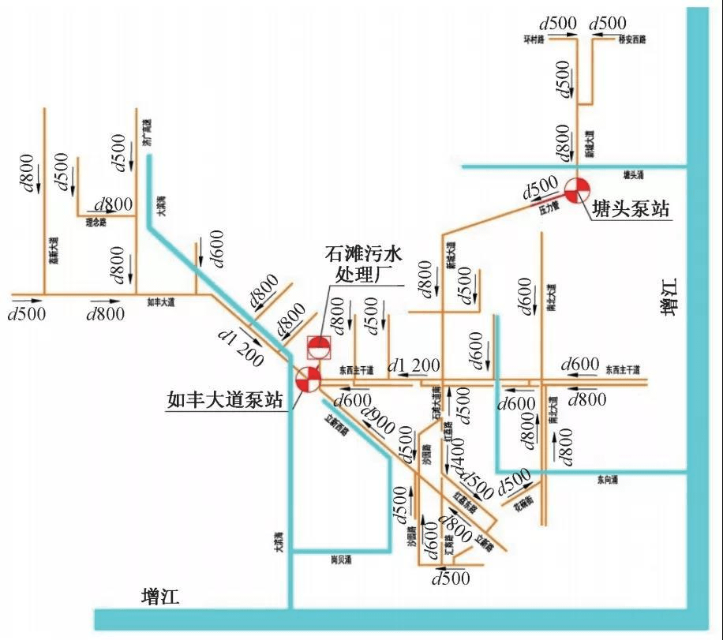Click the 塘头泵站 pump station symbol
pyautogui.click(x=577, y=189)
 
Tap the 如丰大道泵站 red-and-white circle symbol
pyautogui.click(x=308, y=380)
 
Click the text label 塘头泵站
pyautogui.click(x=631, y=209)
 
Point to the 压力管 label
pyautogui.click(x=549, y=210)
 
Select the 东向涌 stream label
pyautogui.click(x=608, y=479)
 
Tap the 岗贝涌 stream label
pyautogui.click(x=341, y=559)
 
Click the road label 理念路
pyautogui.click(x=96, y=223)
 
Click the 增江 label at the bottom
pyautogui.click(x=160, y=596)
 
